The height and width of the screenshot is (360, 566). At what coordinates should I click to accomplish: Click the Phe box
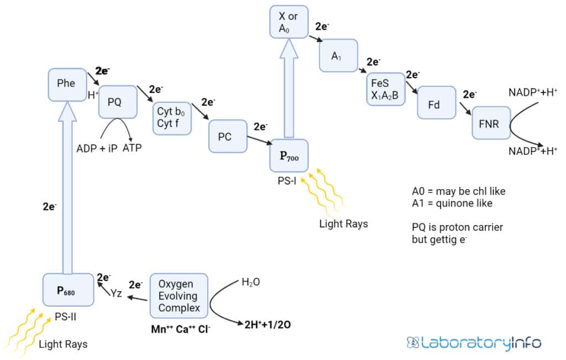(x=67, y=84)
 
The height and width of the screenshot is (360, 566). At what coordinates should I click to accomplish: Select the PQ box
(x=117, y=102)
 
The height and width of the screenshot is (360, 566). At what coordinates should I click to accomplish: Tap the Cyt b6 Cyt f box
(x=171, y=117)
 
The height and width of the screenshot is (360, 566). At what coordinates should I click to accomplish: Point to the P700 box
(x=289, y=156)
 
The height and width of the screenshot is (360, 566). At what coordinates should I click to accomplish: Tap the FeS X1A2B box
(x=385, y=89)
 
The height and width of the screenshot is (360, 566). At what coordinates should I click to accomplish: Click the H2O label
(x=250, y=282)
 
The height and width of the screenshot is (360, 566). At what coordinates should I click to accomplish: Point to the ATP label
(x=132, y=148)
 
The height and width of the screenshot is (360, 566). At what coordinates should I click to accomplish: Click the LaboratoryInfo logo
(x=474, y=343)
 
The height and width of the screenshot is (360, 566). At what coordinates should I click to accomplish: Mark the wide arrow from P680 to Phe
(x=67, y=188)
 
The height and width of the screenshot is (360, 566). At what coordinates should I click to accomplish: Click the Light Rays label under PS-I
(x=343, y=224)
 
